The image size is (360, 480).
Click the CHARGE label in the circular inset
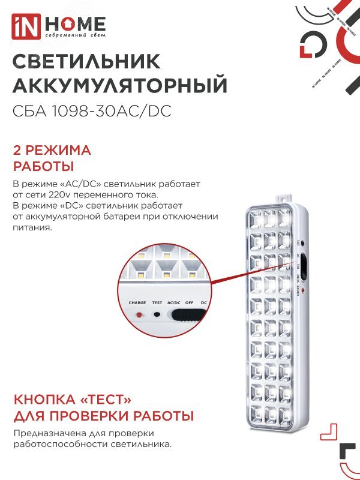click(137, 303)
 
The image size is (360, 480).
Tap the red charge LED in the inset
click(139, 315)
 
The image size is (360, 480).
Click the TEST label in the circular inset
click(157, 303)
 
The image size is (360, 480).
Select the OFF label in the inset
click(189, 303)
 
